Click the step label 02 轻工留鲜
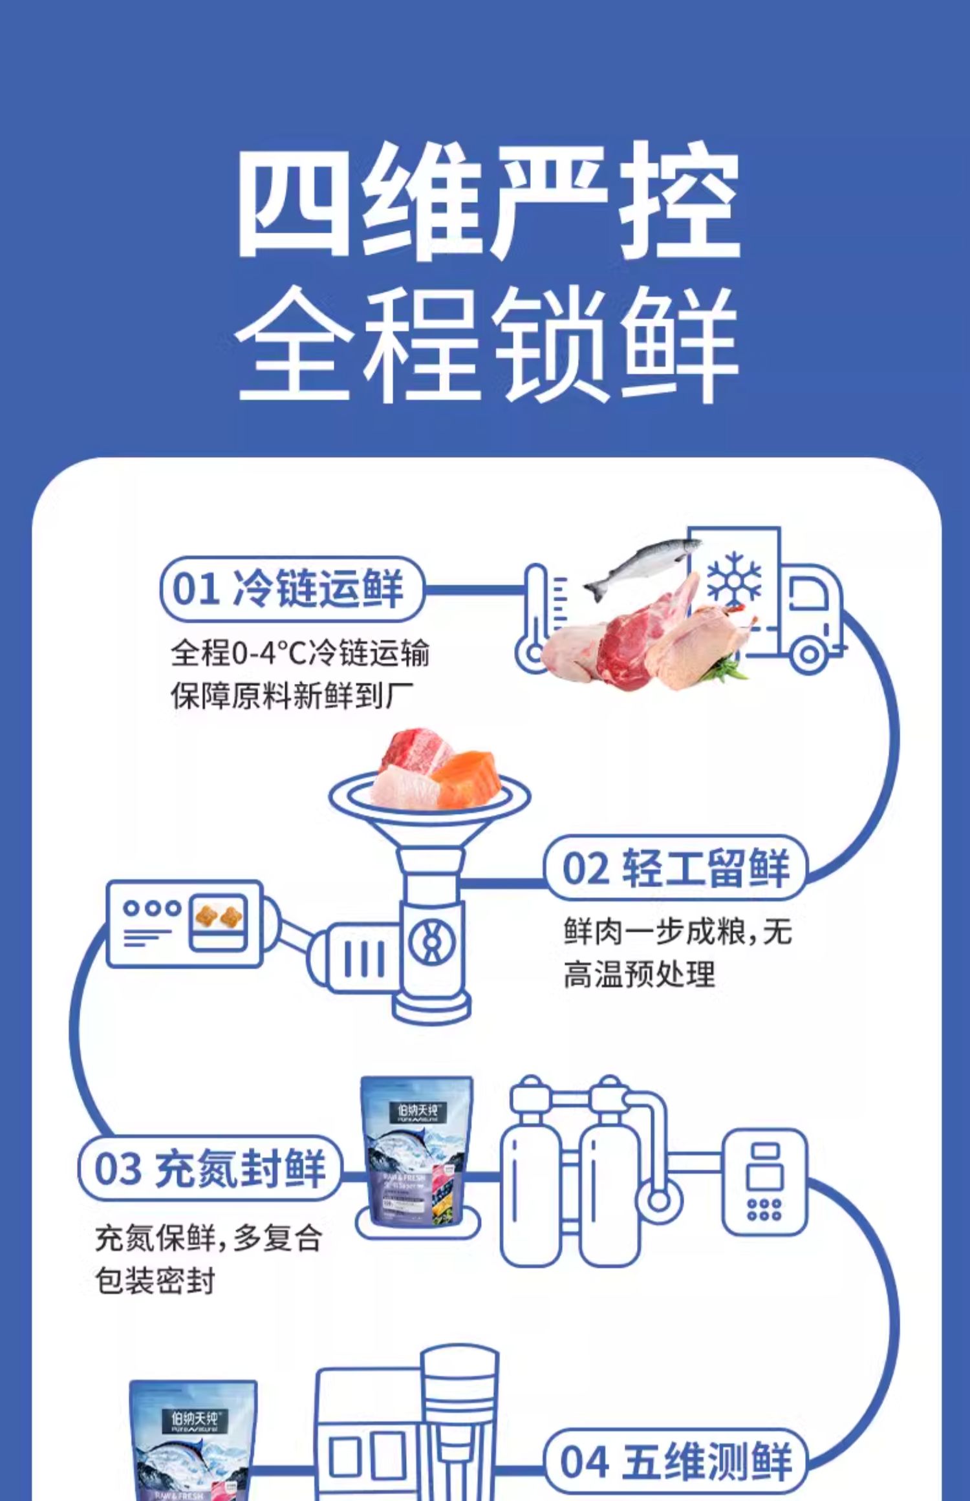tap(675, 868)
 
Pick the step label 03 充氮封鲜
tap(210, 1169)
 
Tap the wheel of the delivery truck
tap(808, 654)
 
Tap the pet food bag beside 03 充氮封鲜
tap(416, 1151)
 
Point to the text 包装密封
tap(155, 1281)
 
